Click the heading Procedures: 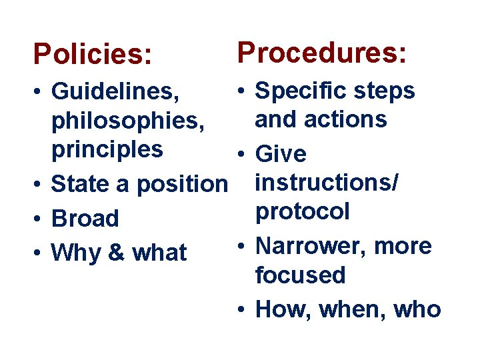321,51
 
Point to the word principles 107,149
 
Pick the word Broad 85,218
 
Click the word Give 281,155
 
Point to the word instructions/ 327,183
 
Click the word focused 301,275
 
